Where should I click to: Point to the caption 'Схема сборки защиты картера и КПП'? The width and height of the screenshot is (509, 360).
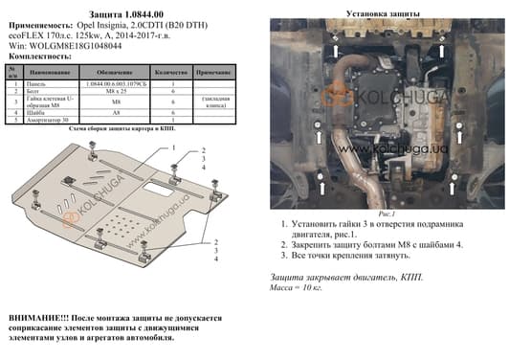pyautogui.click(x=122, y=128)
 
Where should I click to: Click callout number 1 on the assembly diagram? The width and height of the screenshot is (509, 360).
pyautogui.click(x=173, y=146)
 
